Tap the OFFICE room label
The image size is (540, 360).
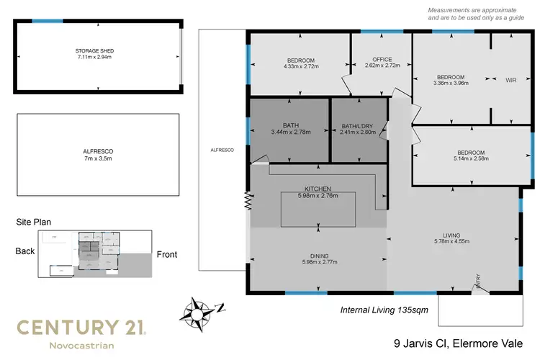pyautogui.click(x=382, y=59)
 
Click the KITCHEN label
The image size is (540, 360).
pyautogui.click(x=318, y=188)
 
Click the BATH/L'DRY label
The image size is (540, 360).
pyautogui.click(x=359, y=124)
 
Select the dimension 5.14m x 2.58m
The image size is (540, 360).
pyautogui.click(x=471, y=159)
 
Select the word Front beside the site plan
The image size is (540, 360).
pyautogui.click(x=166, y=254)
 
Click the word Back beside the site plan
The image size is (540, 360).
pyautogui.click(x=25, y=251)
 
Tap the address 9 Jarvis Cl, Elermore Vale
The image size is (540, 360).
pyautogui.click(x=458, y=343)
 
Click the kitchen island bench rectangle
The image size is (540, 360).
pyautogui.click(x=318, y=209)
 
